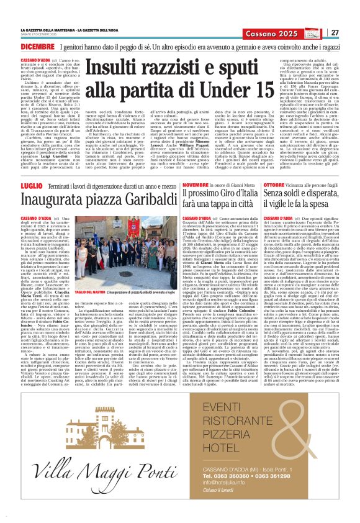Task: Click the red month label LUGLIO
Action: point(30,169)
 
